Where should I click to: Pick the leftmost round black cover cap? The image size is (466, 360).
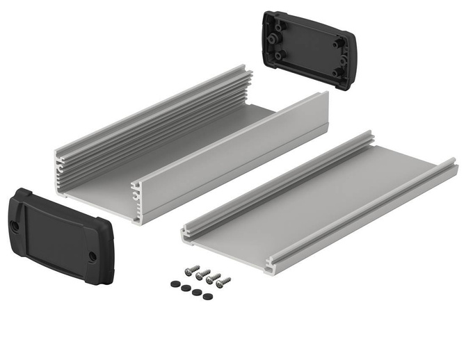(x=173, y=284)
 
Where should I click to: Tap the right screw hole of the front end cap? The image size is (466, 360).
(x=93, y=256)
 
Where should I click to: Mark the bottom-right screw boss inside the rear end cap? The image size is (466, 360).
(x=336, y=72)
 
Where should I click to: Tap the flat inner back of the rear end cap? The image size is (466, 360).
(x=310, y=49)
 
